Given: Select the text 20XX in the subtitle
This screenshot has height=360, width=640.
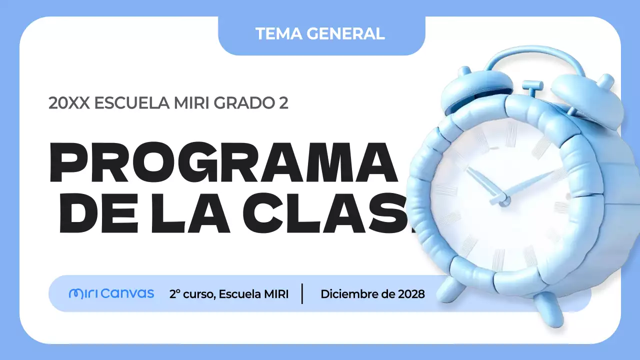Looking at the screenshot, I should click(x=69, y=103).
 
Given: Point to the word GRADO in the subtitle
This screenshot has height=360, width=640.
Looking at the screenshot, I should click(x=241, y=103).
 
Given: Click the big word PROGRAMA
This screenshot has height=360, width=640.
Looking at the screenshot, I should click(x=222, y=162).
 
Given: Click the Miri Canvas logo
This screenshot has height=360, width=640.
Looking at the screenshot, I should click(x=111, y=293).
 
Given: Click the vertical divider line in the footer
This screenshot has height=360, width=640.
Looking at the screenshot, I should click(x=302, y=293).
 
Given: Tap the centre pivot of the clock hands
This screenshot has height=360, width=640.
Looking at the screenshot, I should click(x=505, y=200).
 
